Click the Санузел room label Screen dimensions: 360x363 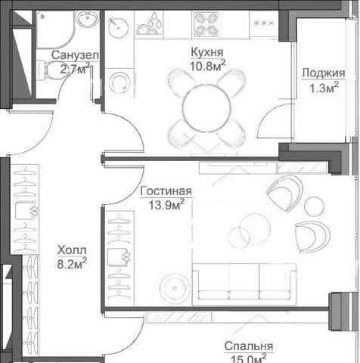point(75,55)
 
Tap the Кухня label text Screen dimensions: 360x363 point(207,52)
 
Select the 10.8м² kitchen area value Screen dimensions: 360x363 point(207,66)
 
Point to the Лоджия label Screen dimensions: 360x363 point(324,73)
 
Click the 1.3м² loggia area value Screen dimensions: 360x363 point(324,88)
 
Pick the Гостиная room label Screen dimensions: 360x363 point(166,191)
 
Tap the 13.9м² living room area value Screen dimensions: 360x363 point(166,204)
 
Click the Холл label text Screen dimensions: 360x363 point(72,250)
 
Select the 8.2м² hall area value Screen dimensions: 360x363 point(72,264)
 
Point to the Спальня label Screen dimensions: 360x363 point(249,346)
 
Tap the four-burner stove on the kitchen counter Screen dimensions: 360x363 point(206,24)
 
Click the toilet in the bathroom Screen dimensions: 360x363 point(51,70)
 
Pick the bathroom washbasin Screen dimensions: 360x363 point(87,18)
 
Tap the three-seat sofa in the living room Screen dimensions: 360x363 point(244,284)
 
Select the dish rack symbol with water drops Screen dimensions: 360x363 point(149,24)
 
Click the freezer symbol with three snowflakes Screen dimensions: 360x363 point(264,23)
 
